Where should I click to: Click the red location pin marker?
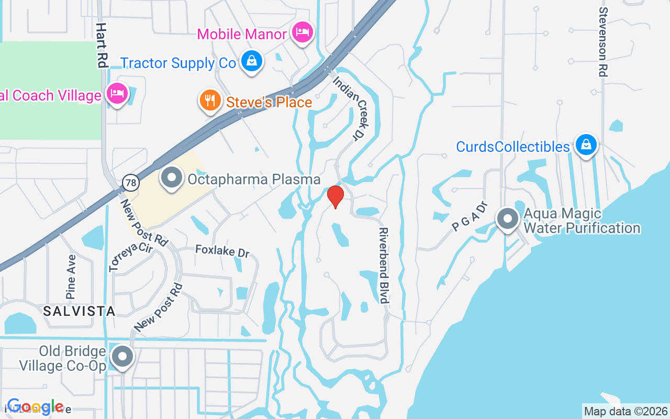click(335, 197)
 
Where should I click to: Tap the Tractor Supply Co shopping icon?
click(252, 61)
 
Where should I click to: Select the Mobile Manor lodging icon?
click(303, 33)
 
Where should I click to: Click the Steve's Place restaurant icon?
click(210, 100)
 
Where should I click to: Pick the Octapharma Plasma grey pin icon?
click(171, 178)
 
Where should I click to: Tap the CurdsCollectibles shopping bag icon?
click(586, 145)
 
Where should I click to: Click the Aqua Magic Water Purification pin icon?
click(507, 219)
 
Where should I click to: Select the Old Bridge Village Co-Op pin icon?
click(123, 357)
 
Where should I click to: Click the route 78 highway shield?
click(131, 182)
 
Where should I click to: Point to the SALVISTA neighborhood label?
click(79, 311)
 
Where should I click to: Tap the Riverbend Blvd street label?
click(384, 265)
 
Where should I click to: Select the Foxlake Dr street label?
click(222, 250)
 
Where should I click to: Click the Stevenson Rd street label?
click(603, 42)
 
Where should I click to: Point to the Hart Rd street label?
click(102, 45)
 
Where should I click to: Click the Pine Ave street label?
click(71, 277)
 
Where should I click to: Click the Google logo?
click(35, 407)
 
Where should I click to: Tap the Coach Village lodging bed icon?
click(117, 94)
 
